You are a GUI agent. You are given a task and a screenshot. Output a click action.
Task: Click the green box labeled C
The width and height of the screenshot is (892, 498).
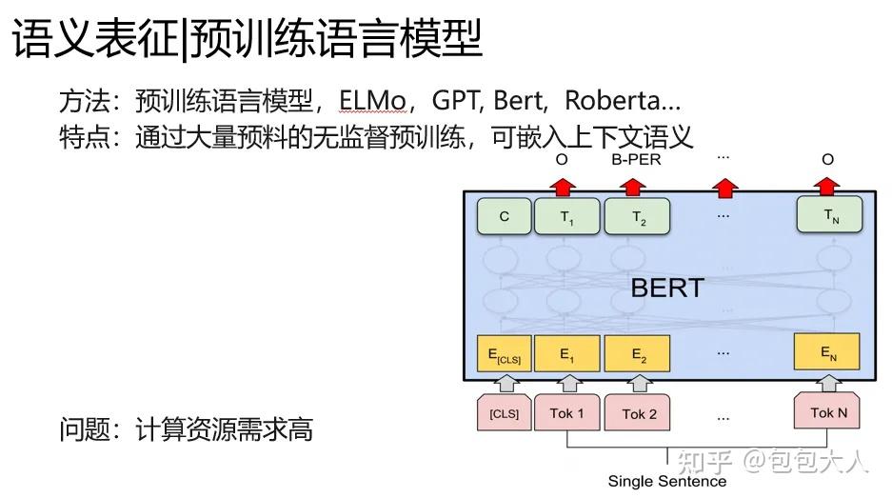(504, 216)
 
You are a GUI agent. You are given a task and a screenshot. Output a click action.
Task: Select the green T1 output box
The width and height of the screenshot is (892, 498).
(567, 216)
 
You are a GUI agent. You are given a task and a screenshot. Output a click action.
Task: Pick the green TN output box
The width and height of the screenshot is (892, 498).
(830, 216)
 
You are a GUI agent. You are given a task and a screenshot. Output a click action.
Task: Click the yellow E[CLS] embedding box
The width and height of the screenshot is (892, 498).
(504, 353)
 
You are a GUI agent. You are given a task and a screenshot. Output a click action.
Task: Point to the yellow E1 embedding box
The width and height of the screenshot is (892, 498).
(567, 353)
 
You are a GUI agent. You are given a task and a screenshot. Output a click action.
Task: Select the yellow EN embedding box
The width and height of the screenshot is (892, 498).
(826, 352)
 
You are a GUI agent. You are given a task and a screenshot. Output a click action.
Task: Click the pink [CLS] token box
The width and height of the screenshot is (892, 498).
(504, 414)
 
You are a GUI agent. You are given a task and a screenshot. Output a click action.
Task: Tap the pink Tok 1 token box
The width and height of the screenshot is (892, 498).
(567, 414)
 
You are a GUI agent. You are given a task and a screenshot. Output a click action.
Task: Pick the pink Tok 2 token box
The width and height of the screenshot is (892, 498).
(639, 414)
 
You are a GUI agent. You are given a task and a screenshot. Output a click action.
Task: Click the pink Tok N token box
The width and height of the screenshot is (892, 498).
(828, 412)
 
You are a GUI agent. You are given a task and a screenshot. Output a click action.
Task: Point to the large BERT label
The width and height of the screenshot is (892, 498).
(667, 287)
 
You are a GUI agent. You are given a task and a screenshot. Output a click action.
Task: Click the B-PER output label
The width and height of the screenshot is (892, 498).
(636, 160)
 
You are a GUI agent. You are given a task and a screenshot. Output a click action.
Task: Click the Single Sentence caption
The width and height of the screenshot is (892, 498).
(666, 482)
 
